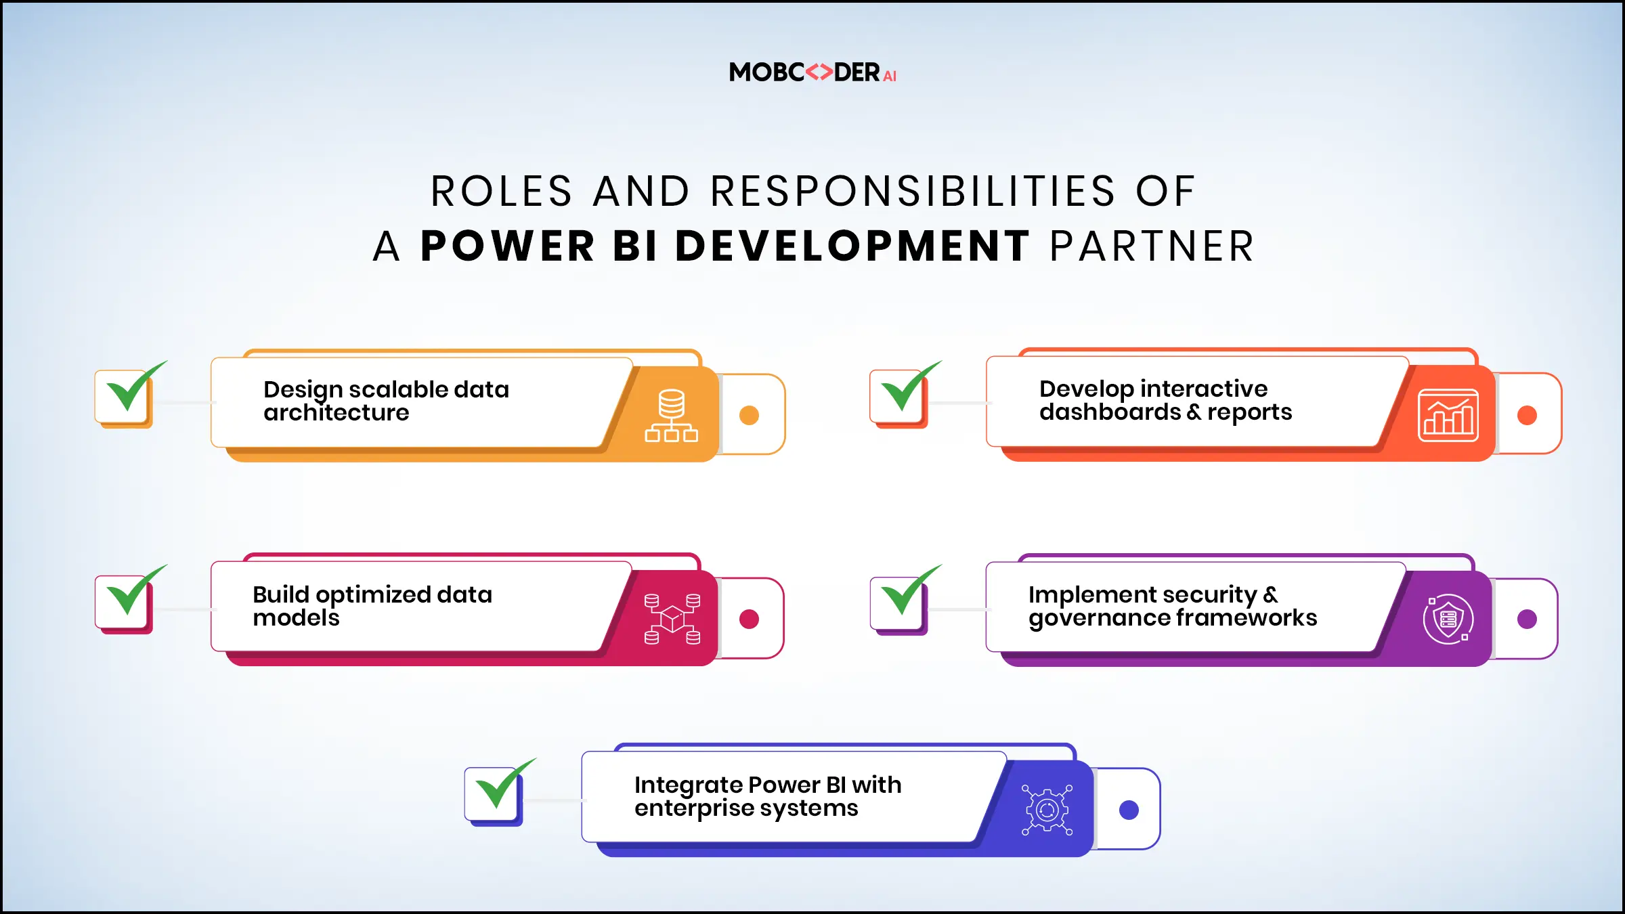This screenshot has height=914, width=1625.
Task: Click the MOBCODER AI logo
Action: (x=812, y=72)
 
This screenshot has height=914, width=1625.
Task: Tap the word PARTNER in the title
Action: (x=1152, y=246)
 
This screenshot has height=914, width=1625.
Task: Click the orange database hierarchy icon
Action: (x=671, y=416)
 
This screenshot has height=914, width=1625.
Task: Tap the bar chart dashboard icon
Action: (x=1448, y=416)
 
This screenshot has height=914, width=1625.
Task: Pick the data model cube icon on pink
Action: (x=672, y=619)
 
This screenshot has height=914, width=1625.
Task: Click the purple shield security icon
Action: (x=1448, y=619)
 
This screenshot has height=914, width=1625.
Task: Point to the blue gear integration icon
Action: (x=1047, y=810)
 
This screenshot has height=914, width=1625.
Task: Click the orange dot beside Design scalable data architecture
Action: (x=749, y=415)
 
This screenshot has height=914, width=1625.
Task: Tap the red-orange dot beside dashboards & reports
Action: (x=1527, y=415)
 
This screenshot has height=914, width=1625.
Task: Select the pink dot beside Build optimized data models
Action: (x=749, y=619)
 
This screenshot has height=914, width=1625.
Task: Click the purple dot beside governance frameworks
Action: (x=1527, y=619)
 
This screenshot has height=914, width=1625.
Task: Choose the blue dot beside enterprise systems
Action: (x=1129, y=810)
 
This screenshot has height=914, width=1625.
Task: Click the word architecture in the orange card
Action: (x=337, y=412)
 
